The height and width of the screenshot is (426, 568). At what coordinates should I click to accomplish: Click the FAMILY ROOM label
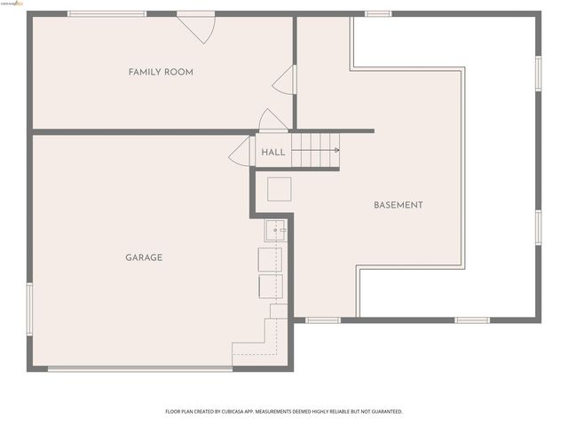161,72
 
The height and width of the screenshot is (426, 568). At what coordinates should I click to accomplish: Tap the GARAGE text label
143,257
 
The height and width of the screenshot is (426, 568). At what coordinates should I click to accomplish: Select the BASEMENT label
398,205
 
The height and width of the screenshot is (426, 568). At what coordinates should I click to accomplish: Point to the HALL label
273,153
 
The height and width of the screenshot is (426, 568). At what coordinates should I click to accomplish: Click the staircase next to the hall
315,150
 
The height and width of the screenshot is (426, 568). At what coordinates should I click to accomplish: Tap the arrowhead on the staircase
336,150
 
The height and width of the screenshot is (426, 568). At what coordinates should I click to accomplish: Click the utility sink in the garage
275,231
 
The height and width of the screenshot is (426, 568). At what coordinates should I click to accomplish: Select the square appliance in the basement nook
280,189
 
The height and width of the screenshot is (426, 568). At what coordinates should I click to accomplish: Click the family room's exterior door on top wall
196,27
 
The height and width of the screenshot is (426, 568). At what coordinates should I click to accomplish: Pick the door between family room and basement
286,80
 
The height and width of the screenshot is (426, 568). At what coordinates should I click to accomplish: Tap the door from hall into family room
272,122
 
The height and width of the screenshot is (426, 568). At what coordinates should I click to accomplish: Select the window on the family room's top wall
106,14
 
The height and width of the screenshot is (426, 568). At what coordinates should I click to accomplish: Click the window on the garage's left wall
29,309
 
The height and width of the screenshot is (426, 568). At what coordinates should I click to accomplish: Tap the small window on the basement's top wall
378,14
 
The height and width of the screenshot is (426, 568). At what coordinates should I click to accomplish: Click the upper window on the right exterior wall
538,73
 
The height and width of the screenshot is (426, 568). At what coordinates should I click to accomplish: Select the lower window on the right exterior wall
538,226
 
